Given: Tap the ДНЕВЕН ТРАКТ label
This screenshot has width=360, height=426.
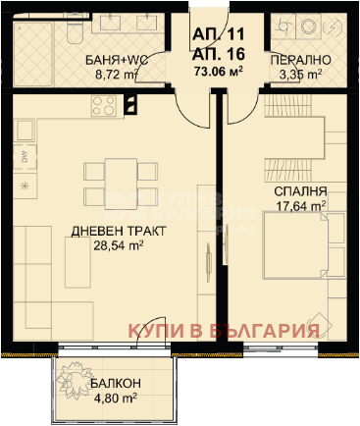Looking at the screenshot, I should (119, 232).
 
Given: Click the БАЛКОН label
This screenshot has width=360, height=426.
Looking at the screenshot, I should (115, 386).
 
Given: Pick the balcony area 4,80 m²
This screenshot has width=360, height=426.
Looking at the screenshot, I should (115, 399).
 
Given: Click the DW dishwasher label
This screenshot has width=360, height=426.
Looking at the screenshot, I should (23, 158).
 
